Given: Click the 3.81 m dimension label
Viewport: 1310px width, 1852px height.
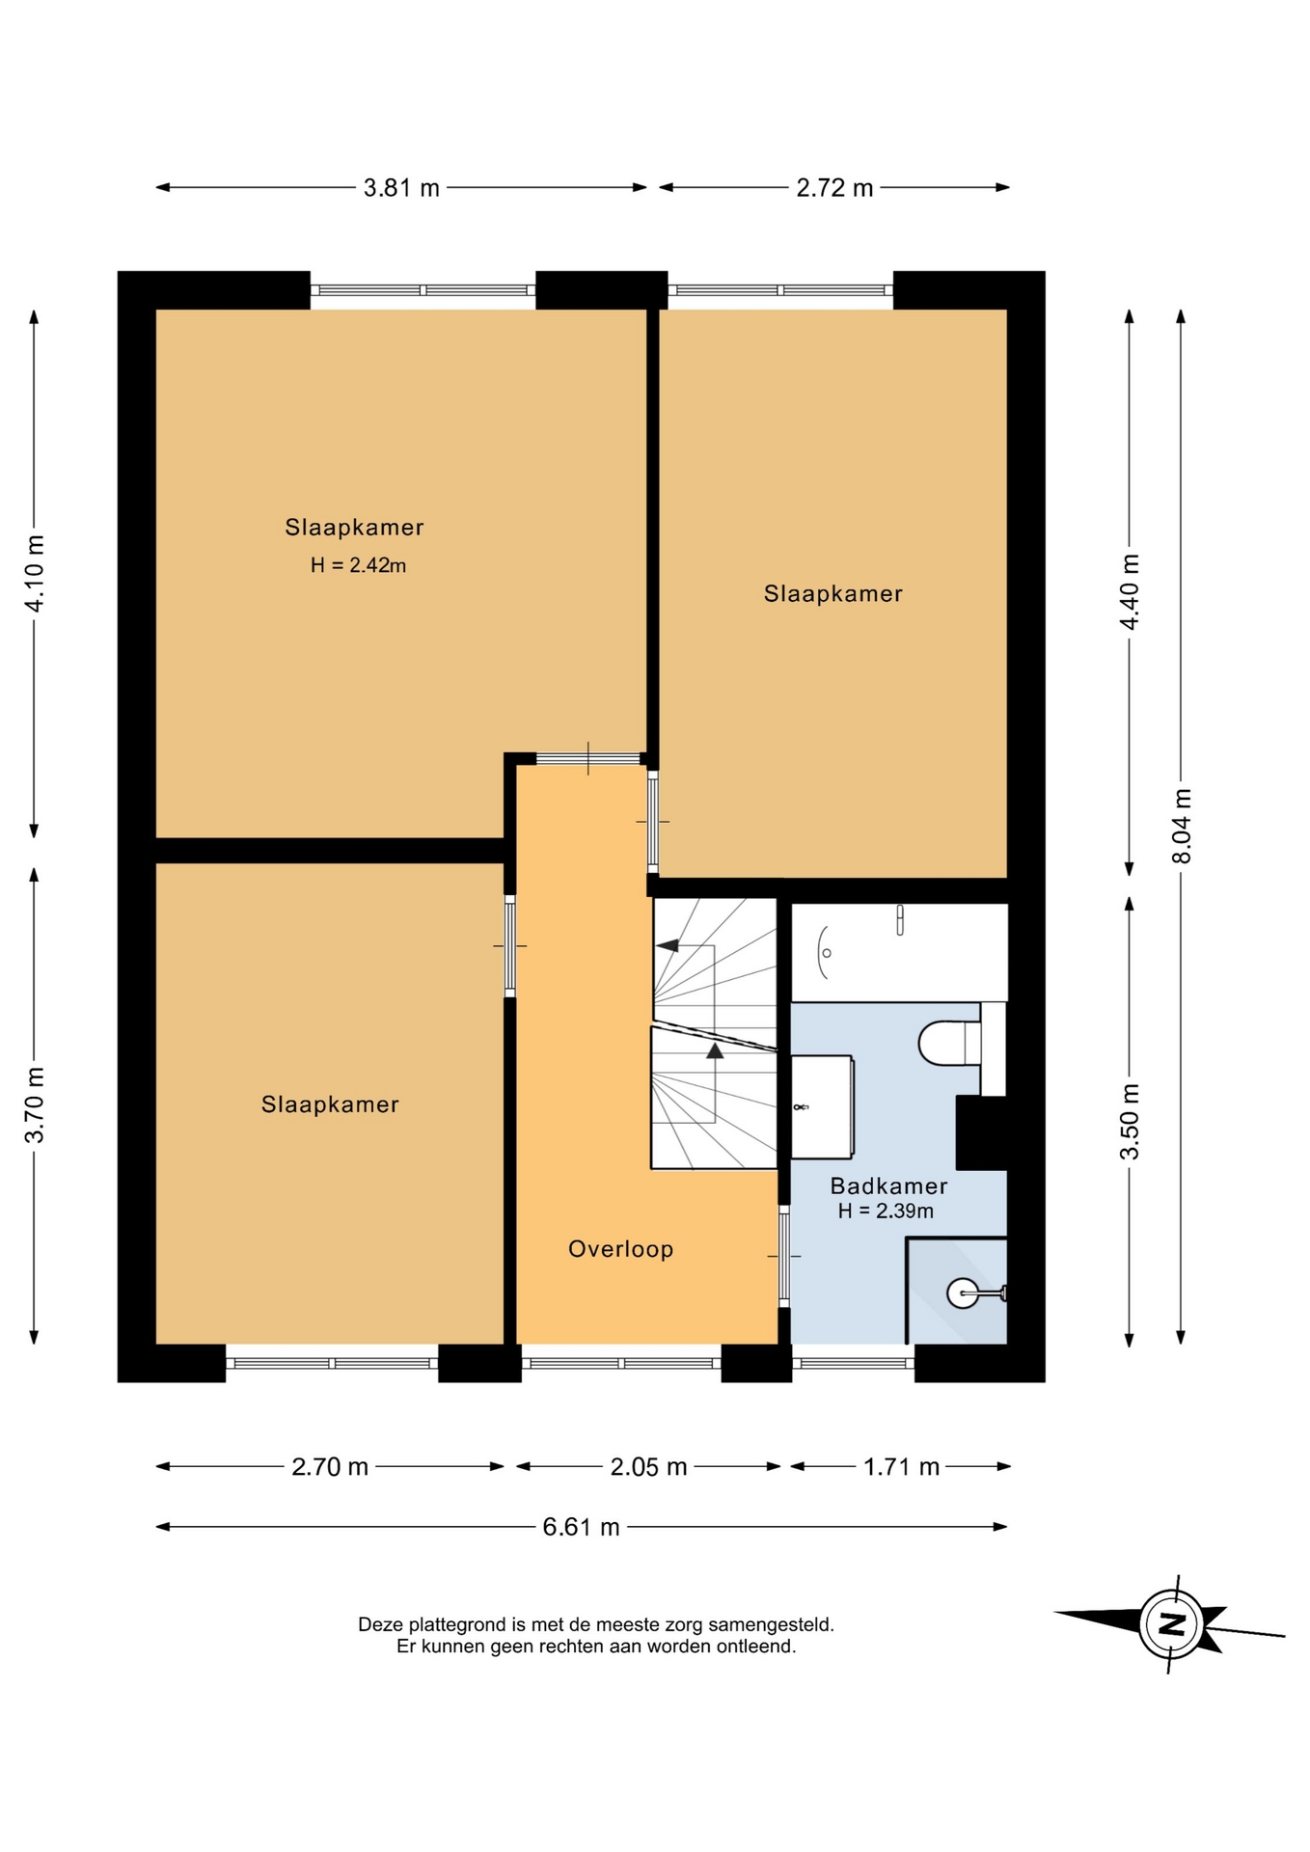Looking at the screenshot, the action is [401, 188].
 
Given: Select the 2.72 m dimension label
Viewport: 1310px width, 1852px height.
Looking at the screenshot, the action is [834, 188].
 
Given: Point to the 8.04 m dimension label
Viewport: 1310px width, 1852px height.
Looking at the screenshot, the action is [1182, 827].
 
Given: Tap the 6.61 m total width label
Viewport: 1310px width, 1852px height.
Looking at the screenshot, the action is [581, 1527].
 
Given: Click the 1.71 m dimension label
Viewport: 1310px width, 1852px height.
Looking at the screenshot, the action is [901, 1467].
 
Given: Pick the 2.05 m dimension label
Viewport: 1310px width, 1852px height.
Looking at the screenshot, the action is [648, 1467].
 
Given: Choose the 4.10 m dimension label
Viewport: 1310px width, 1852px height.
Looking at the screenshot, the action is [35, 573].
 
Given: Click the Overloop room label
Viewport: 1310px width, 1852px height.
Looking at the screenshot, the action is [620, 1249].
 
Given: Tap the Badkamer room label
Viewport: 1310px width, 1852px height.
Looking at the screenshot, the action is [888, 1186].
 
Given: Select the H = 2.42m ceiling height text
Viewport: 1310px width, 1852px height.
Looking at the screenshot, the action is [358, 566].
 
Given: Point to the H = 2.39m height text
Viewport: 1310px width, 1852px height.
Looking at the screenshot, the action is [886, 1212].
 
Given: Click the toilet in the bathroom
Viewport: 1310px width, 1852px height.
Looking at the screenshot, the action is [950, 1044].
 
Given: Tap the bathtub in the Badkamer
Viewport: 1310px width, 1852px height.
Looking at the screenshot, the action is [899, 952].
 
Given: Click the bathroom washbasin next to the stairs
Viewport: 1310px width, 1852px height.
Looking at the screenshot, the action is [822, 1106].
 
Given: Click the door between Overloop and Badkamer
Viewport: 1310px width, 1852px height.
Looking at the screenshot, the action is [784, 1256].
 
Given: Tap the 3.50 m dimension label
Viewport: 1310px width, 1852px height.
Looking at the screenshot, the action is [1130, 1122].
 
